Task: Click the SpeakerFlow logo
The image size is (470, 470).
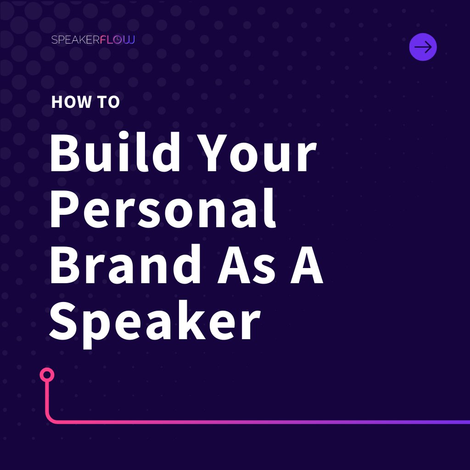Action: pyautogui.click(x=93, y=39)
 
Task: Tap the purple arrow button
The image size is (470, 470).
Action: pyautogui.click(x=423, y=47)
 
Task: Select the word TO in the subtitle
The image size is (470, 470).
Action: pyautogui.click(x=109, y=102)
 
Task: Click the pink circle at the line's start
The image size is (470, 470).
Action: pyautogui.click(x=47, y=375)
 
